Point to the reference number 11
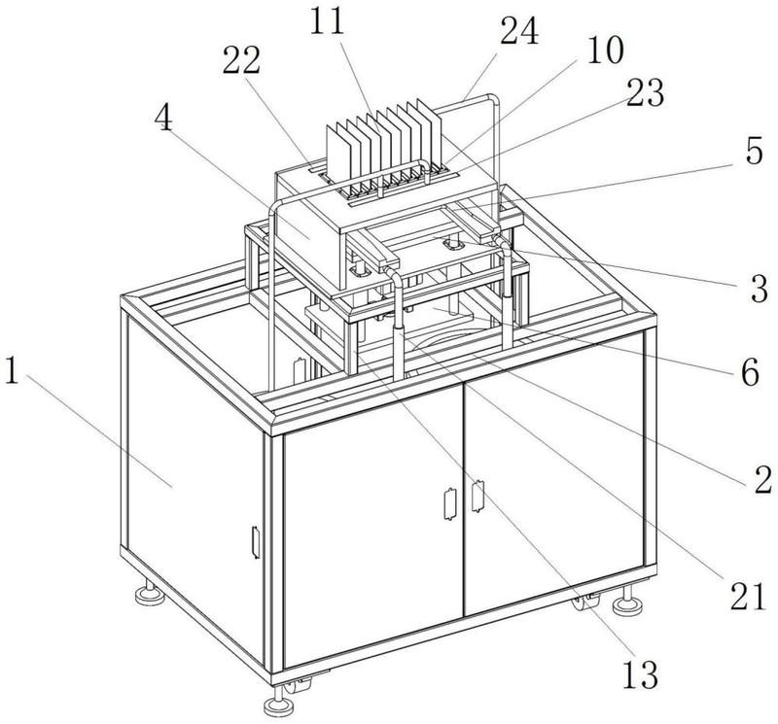330,22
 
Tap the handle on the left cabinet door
448,502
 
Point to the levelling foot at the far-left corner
151,589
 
